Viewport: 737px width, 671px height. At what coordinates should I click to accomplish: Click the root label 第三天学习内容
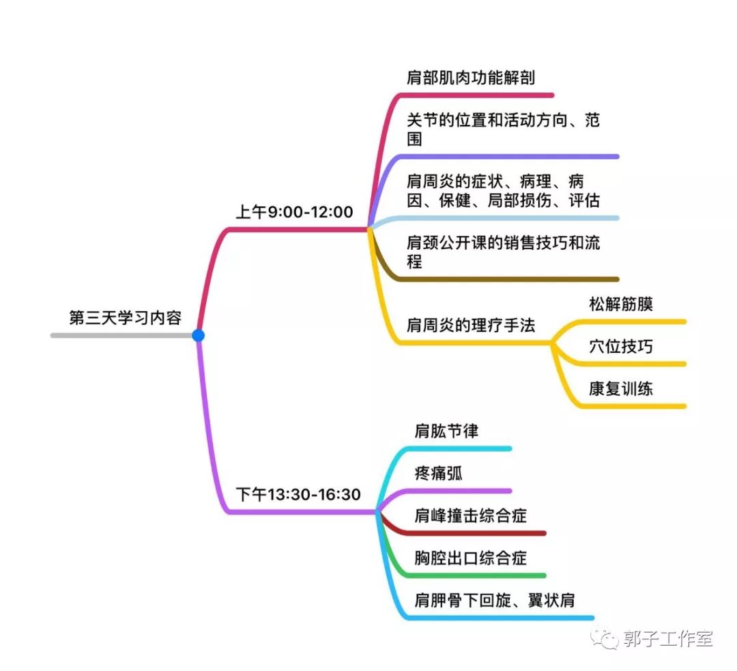[x=125, y=318]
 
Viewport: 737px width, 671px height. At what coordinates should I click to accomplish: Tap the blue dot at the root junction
[x=198, y=335]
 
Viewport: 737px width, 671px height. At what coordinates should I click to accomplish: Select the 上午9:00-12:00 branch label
[x=294, y=212]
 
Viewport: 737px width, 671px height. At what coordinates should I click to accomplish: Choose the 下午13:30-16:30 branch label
[x=298, y=494]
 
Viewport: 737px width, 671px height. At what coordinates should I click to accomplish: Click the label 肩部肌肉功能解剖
[x=471, y=78]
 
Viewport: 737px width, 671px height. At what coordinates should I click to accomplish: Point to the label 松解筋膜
[x=620, y=304]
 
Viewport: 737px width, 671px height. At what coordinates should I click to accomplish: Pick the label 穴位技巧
[x=620, y=346]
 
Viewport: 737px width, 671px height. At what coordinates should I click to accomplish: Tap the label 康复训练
[x=620, y=389]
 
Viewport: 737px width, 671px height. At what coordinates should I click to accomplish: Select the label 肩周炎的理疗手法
[x=471, y=325]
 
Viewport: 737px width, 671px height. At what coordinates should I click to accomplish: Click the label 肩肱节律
[x=447, y=431]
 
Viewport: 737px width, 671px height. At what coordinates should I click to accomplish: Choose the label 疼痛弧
[x=439, y=473]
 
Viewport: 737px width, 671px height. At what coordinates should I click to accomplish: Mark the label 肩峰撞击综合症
[x=471, y=515]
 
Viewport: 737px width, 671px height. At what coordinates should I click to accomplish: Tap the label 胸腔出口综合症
[x=471, y=558]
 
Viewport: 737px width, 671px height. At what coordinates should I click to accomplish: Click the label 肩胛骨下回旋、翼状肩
[x=495, y=601]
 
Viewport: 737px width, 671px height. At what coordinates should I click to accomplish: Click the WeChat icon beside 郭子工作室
[x=605, y=639]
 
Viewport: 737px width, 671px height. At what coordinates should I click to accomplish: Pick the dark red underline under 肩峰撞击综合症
[x=478, y=533]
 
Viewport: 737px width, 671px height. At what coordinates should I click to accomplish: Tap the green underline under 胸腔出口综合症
[x=478, y=575]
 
